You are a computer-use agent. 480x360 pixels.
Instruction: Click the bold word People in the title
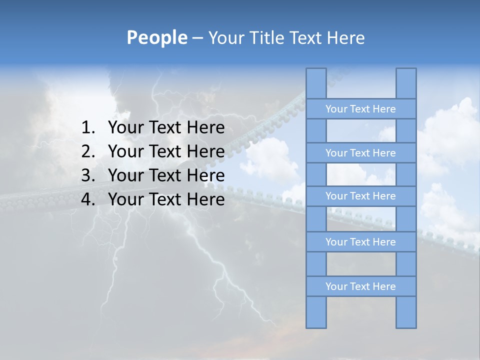pos(156,37)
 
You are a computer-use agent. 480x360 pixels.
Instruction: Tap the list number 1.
pos(87,128)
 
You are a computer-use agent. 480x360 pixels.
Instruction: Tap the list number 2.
pos(87,151)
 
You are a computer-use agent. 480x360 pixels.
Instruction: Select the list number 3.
pos(87,175)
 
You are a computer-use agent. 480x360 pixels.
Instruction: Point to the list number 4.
pos(87,199)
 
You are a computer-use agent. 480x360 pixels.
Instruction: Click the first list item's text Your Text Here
pos(166,128)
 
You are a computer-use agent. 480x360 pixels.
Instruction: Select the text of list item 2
pos(166,151)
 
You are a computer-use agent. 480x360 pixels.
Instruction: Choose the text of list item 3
pos(166,175)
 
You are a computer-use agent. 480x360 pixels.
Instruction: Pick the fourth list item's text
pos(166,199)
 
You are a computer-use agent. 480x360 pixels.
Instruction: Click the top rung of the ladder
pos(360,109)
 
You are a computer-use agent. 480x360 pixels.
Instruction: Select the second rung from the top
pos(360,153)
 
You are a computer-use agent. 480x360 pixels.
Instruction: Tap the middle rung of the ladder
pos(360,196)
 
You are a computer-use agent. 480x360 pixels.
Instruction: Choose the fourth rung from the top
pos(360,242)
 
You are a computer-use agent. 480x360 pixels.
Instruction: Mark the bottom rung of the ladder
pos(360,286)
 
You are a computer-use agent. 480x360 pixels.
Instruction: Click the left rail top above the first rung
pos(316,83)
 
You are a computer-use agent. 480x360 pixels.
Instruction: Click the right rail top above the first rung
pos(406,83)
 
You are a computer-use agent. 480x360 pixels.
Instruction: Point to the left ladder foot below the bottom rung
pos(316,312)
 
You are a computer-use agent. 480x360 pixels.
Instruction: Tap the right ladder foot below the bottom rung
pos(406,312)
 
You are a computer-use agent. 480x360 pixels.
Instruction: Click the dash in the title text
pos(197,38)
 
